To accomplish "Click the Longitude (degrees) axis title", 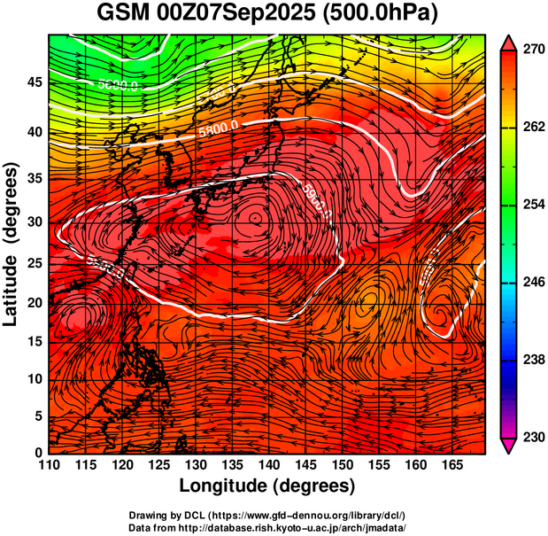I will (267, 486).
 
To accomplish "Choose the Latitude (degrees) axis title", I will (12, 243).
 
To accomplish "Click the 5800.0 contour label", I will (218, 127).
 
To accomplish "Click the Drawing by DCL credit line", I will (267, 516).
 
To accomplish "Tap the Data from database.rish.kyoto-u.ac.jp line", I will (267, 527).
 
